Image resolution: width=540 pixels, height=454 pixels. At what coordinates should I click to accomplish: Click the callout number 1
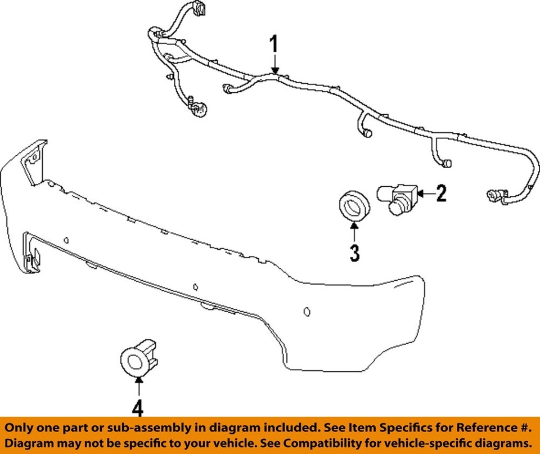point(274,43)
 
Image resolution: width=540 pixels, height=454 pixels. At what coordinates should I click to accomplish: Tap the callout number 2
point(441,193)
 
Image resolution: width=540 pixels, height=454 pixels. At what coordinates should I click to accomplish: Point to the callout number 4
point(138,408)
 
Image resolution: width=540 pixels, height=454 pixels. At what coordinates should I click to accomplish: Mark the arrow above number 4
point(139,387)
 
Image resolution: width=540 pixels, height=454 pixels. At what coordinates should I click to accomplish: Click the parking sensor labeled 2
point(398,199)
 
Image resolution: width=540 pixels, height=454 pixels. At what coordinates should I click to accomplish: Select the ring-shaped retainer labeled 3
point(355,206)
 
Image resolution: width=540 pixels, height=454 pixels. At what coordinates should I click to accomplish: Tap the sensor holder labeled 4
point(138,359)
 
